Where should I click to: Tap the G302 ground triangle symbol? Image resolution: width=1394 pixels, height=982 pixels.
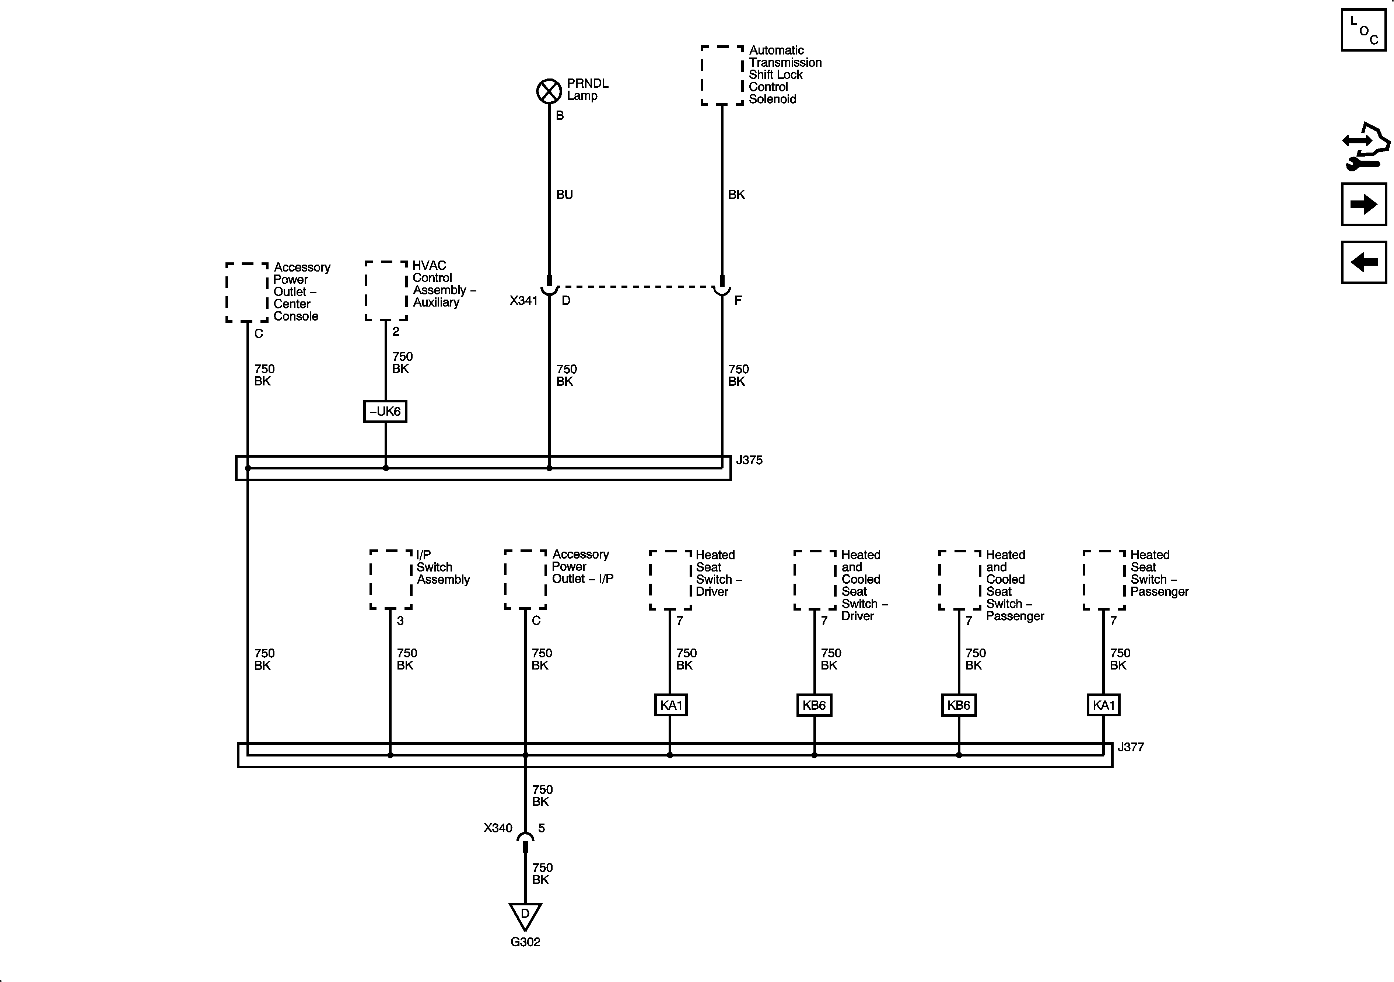click(x=525, y=916)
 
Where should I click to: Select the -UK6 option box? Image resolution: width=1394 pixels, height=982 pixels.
click(x=385, y=411)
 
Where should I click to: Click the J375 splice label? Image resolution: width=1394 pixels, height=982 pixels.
click(x=749, y=460)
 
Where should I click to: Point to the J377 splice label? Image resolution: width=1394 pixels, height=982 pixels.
click(x=1131, y=747)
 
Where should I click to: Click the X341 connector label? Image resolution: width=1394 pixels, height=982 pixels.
click(x=523, y=300)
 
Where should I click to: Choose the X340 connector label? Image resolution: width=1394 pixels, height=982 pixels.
click(x=498, y=828)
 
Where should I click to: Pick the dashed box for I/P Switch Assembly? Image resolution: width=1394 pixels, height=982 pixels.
click(x=391, y=579)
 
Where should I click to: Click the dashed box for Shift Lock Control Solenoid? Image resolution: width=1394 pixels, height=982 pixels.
click(x=722, y=75)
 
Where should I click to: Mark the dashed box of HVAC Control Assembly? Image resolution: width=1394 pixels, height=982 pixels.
click(x=386, y=291)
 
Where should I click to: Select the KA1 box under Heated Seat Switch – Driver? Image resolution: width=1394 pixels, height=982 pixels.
click(x=671, y=705)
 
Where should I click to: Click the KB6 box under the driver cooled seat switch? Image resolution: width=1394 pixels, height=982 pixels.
click(x=814, y=705)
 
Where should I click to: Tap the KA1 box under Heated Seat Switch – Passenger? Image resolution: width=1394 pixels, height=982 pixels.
click(x=1104, y=705)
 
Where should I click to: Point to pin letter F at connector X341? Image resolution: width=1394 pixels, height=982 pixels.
click(x=738, y=300)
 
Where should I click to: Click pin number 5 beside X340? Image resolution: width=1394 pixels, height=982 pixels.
click(x=542, y=828)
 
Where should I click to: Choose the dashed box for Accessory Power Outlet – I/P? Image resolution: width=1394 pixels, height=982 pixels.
click(x=526, y=579)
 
